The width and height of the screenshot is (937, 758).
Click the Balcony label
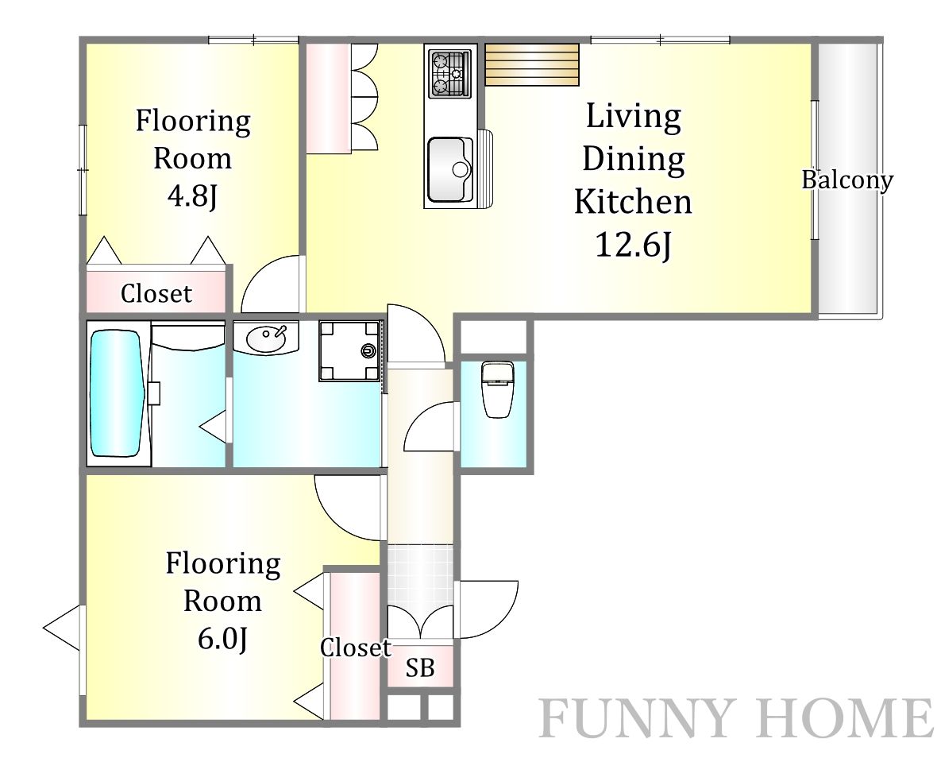coord(847,180)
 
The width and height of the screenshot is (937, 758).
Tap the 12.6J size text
coord(634,245)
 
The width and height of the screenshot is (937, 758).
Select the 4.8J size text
coord(192,195)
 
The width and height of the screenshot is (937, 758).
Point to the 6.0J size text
coord(222,639)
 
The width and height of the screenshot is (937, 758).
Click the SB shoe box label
coord(419,667)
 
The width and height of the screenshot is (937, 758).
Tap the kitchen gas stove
coord(450,74)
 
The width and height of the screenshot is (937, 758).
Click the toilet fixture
coord(496,389)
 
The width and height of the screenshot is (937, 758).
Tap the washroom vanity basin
coord(265,339)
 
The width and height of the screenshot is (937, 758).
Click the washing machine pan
coord(349,351)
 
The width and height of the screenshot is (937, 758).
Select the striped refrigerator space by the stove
coord(532,64)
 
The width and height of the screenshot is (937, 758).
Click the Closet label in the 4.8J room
coord(156,293)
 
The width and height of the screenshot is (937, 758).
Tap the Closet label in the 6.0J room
coord(356,648)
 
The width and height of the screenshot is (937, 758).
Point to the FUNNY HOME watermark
coord(736,718)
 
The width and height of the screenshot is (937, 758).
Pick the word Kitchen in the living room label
coord(634,202)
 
